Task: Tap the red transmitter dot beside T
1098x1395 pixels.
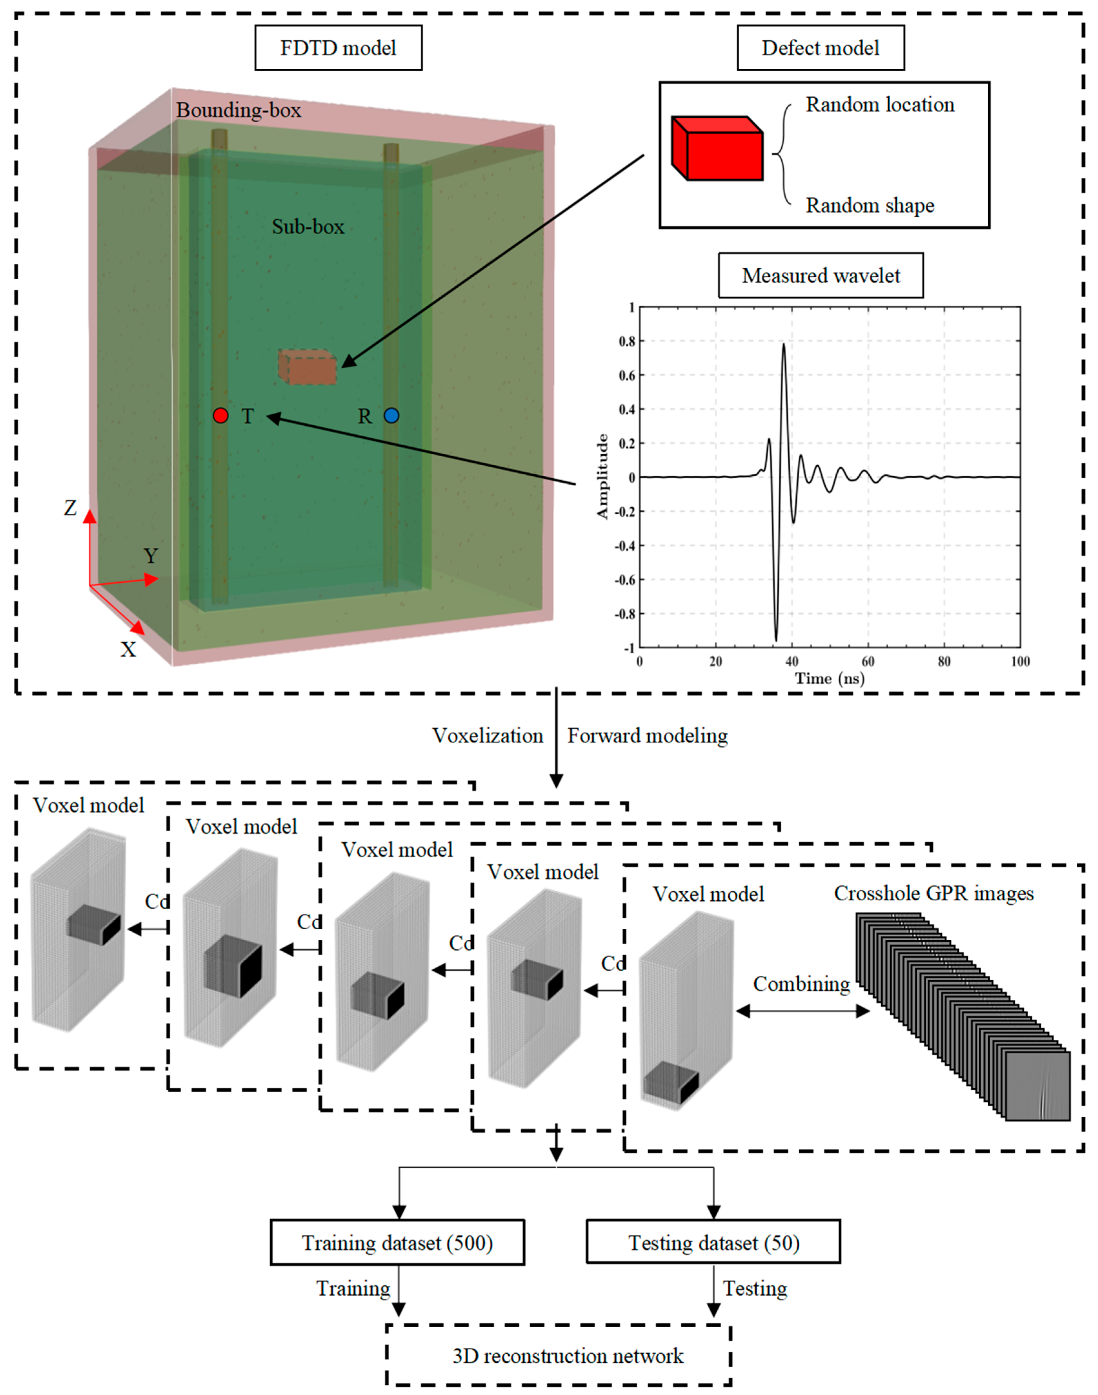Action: coord(221,416)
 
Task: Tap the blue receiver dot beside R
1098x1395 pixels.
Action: coord(392,416)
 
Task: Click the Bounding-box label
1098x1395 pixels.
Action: coord(238,111)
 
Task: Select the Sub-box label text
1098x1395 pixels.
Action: coord(308,227)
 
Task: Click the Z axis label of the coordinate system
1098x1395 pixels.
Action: coord(70,508)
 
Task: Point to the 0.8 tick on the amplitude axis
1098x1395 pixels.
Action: coord(627,342)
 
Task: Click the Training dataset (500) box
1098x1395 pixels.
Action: coord(397,1243)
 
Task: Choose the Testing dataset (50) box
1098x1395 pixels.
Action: coord(714,1243)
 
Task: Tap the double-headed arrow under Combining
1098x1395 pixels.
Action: coord(802,1011)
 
